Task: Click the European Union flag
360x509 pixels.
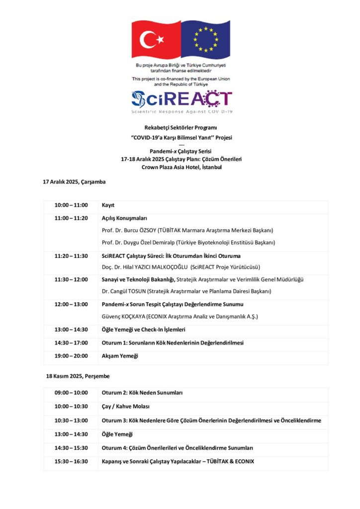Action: point(205,39)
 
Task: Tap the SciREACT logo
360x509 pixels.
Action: point(181,101)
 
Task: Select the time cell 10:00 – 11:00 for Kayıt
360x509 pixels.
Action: point(71,205)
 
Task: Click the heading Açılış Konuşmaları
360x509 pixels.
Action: point(124,218)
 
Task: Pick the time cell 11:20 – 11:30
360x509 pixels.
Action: point(71,256)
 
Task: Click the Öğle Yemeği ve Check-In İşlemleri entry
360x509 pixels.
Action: point(143,330)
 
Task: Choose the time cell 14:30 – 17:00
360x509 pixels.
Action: point(71,343)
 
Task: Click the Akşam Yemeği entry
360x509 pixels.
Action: point(120,356)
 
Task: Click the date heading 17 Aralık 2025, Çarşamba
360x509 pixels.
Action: point(74,182)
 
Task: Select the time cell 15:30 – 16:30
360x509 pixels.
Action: point(71,461)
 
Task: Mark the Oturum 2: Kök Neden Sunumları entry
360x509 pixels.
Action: point(142,393)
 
